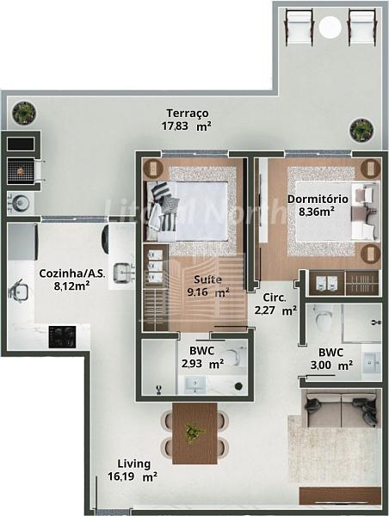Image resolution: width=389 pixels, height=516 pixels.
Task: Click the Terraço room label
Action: click(188, 114)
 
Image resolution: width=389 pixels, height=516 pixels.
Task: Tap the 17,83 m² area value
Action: click(187, 126)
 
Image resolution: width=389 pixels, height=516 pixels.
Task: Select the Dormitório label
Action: click(318, 200)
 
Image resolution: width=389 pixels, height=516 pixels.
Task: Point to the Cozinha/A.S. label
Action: click(72, 273)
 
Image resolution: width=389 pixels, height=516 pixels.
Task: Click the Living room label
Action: click(134, 464)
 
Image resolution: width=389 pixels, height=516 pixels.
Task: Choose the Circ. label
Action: click(275, 298)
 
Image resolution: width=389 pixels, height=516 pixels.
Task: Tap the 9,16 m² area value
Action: click(208, 292)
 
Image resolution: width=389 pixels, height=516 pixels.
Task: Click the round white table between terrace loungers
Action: click(330, 27)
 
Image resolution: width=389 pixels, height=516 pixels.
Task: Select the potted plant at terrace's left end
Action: click(24, 114)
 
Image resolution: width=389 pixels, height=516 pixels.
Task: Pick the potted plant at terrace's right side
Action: click(361, 131)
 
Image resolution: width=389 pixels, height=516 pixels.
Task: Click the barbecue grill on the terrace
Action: click(21, 171)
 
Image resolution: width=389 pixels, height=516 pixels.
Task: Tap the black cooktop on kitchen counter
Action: click(62, 336)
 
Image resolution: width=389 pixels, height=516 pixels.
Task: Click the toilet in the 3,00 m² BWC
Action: click(323, 318)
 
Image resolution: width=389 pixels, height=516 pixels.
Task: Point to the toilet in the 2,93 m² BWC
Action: click(237, 356)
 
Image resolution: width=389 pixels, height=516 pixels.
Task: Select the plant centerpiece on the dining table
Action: click(194, 432)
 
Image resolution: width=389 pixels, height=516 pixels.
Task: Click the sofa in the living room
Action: click(341, 408)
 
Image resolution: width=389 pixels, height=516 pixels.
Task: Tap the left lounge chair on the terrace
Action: click(299, 27)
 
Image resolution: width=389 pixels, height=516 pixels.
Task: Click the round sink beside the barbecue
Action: click(22, 202)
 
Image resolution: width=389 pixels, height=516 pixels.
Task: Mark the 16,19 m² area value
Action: click(132, 476)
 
